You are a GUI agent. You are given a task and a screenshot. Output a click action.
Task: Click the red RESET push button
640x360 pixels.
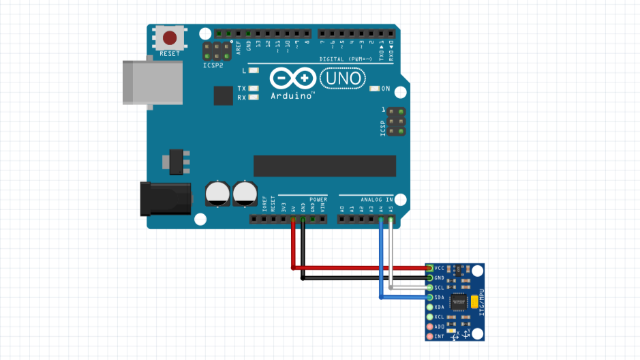(170, 38)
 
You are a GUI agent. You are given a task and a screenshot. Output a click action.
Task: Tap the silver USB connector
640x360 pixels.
(152, 82)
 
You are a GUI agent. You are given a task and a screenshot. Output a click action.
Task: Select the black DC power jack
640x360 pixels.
(164, 198)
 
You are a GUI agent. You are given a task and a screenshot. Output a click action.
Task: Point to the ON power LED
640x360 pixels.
(374, 89)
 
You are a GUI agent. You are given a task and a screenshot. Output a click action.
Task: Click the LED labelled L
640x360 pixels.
(254, 70)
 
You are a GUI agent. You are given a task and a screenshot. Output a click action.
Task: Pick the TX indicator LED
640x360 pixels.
(254, 89)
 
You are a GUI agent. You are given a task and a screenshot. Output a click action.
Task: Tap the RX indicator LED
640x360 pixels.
(254, 97)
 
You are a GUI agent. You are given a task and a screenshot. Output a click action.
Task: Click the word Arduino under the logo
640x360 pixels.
(291, 96)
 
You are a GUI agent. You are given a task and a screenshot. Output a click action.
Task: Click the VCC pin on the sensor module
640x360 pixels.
(429, 269)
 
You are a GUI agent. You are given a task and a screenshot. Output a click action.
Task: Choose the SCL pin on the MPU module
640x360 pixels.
(429, 288)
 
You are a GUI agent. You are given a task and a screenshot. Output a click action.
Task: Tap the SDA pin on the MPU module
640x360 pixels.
(429, 297)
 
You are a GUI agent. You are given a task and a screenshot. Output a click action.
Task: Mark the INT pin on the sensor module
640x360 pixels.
(429, 336)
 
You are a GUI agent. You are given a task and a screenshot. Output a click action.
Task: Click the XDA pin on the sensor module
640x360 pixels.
(429, 307)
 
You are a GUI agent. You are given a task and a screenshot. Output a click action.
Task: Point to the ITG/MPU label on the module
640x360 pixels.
(481, 301)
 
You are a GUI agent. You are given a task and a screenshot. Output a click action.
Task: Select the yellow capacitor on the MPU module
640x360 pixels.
(473, 301)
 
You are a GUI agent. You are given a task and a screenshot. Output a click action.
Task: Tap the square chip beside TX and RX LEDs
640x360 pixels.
(223, 95)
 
